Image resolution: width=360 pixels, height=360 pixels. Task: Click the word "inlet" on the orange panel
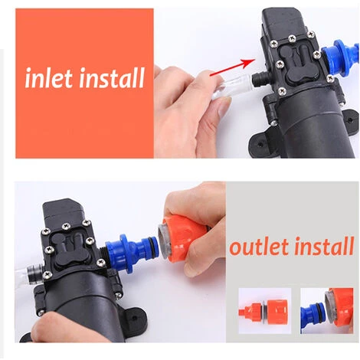click(50, 77)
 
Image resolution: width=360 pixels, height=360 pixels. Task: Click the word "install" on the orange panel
click(112, 77)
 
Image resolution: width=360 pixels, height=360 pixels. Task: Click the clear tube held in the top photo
click(232, 87)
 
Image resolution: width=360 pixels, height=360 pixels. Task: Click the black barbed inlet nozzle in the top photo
click(260, 79)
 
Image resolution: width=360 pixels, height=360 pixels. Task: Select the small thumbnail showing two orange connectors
click(265, 310)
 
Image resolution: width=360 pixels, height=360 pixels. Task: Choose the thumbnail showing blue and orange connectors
click(327, 310)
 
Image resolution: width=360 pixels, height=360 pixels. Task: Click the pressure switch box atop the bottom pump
click(64, 212)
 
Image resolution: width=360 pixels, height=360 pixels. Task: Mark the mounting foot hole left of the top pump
click(260, 144)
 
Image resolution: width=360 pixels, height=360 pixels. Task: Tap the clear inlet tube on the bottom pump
click(28, 274)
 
